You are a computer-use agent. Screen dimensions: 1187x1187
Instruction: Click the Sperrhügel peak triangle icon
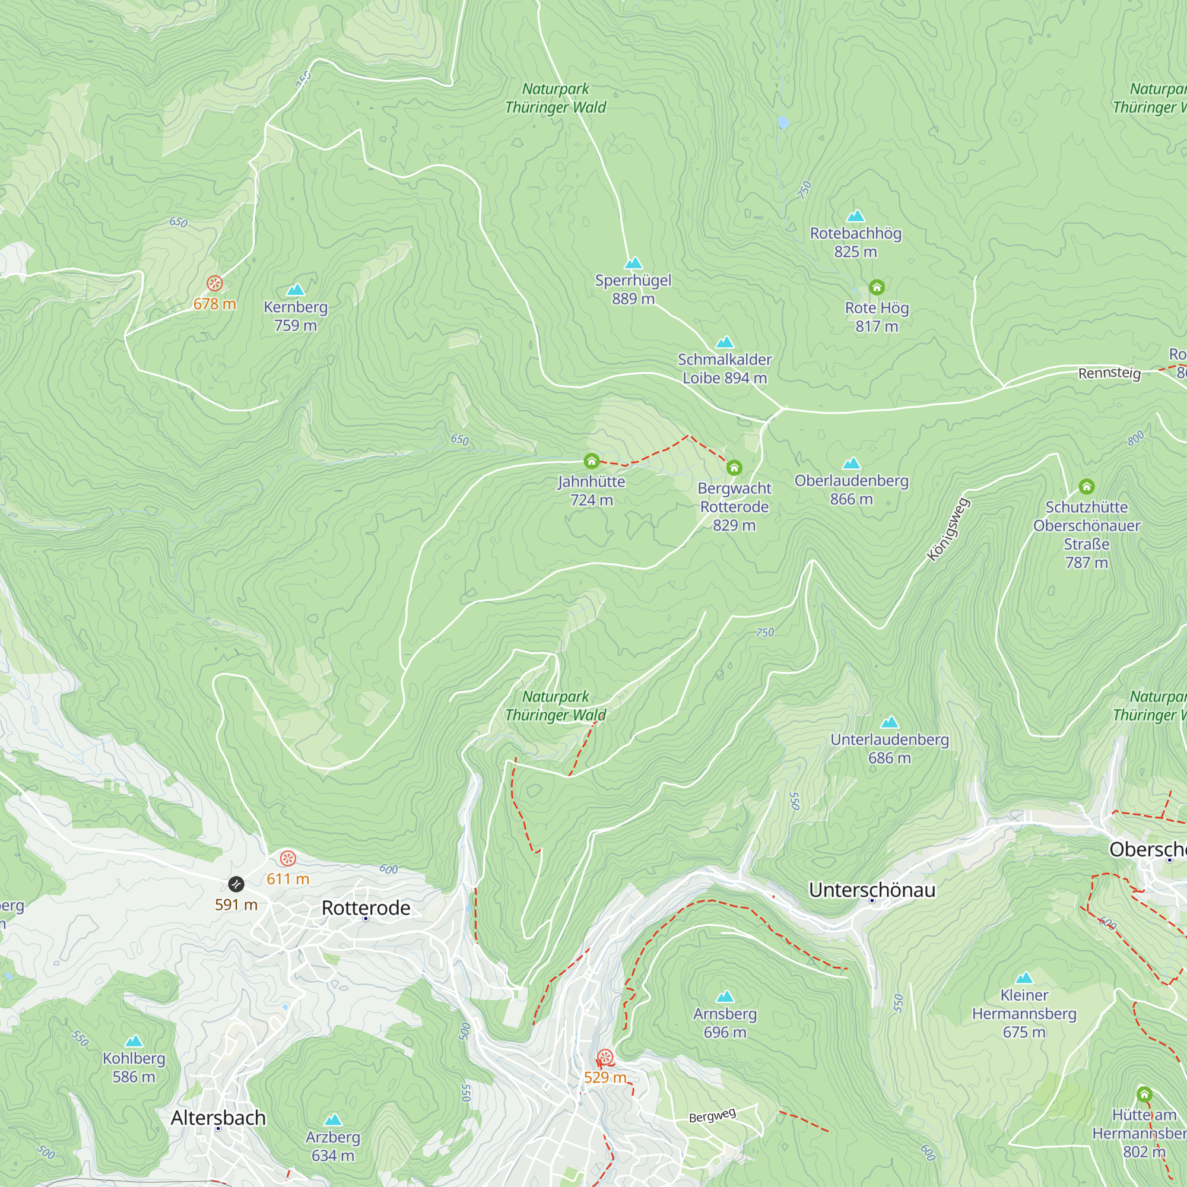(633, 264)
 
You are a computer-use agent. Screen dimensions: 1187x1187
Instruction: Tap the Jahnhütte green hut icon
(591, 461)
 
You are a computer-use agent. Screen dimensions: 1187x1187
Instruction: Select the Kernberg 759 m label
(296, 316)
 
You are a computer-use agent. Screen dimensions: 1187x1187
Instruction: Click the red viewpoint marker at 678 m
(214, 283)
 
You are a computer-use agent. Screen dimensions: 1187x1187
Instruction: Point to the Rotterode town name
(366, 907)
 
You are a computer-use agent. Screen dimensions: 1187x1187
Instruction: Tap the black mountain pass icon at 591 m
(236, 884)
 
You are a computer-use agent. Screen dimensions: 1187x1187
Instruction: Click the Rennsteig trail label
(1109, 373)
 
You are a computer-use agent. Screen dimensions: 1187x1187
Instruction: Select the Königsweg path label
(948, 529)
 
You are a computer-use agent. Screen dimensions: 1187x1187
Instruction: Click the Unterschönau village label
(872, 890)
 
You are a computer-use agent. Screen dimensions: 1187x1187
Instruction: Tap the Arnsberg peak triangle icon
(725, 996)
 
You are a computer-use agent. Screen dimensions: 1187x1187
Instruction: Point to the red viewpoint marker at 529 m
(605, 1058)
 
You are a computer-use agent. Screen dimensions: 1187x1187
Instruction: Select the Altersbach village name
(218, 1118)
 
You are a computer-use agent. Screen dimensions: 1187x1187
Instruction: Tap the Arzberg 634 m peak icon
(333, 1119)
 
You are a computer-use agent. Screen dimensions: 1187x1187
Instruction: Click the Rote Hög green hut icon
(876, 287)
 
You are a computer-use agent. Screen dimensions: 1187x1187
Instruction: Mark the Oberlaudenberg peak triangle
(851, 464)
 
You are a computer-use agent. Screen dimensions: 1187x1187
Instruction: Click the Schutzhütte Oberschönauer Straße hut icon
(1086, 487)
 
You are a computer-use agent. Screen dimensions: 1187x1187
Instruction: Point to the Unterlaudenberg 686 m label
(889, 748)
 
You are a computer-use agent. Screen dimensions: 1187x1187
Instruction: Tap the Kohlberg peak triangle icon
(134, 1041)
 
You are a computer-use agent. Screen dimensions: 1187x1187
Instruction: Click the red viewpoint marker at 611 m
(287, 858)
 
